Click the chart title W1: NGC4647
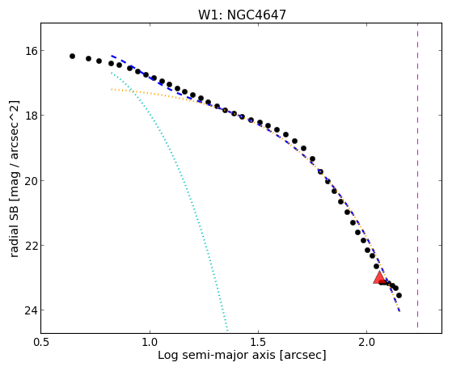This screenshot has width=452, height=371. (x=242, y=15)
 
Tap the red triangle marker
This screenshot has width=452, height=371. (x=379, y=277)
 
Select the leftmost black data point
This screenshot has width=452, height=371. (x=72, y=56)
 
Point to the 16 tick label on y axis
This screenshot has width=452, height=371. (x=31, y=51)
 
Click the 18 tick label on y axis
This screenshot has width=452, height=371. (x=31, y=116)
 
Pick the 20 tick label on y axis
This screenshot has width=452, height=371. (x=31, y=181)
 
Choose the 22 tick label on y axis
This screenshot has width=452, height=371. (x=31, y=246)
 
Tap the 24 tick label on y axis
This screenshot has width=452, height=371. (x=31, y=310)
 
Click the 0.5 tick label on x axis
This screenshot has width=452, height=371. (x=42, y=342)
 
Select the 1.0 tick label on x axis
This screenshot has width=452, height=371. (x=150, y=342)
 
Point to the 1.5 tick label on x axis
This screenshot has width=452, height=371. (x=258, y=342)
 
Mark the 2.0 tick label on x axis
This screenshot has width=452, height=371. (x=366, y=342)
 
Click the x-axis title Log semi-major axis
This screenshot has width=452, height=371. (x=217, y=355)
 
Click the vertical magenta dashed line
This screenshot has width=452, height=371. (x=417, y=175)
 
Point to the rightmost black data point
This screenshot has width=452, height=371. (x=399, y=296)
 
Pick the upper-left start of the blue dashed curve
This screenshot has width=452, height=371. (x=112, y=55)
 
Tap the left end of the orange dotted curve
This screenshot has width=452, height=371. (x=112, y=90)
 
